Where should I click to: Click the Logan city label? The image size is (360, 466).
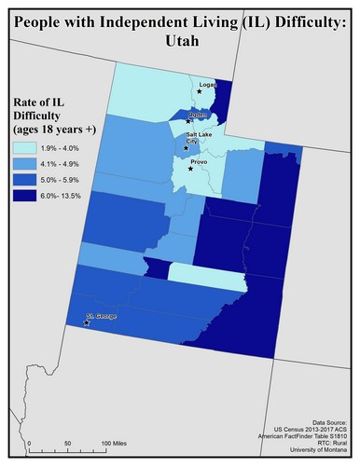coord(207,84)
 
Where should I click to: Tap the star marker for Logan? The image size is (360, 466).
coord(200,91)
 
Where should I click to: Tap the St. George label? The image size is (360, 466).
coord(101,318)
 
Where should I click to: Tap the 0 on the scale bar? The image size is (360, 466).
coord(29,442)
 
